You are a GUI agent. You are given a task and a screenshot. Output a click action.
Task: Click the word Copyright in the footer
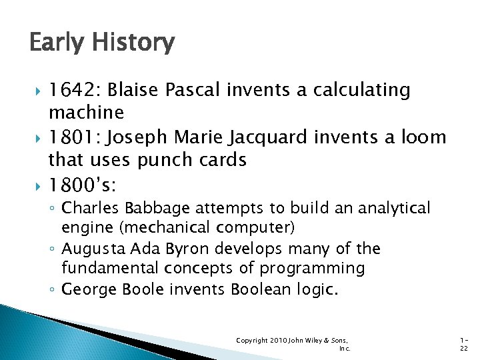(252, 341)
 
